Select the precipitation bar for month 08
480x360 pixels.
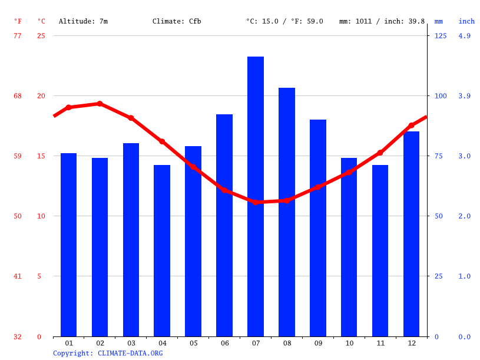[287, 212]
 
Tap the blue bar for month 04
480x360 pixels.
[162, 250]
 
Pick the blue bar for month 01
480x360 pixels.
[69, 245]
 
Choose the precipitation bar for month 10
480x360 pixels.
[349, 247]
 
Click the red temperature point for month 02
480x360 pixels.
[100, 104]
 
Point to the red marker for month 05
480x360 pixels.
[193, 167]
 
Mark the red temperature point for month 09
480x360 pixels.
[318, 187]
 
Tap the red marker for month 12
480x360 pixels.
[411, 125]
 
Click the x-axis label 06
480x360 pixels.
[224, 343]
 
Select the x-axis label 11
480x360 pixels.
[380, 343]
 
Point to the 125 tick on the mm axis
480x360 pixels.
[441, 36]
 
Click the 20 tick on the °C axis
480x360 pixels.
[41, 96]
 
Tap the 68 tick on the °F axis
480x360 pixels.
[18, 96]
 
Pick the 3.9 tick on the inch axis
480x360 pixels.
[465, 96]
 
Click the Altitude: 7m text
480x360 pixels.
[83, 21]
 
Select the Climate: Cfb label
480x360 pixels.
[177, 21]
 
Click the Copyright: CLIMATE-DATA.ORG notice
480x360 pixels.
[108, 353]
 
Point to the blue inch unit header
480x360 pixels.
[466, 21]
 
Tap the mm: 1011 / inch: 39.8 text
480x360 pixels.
[382, 21]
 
